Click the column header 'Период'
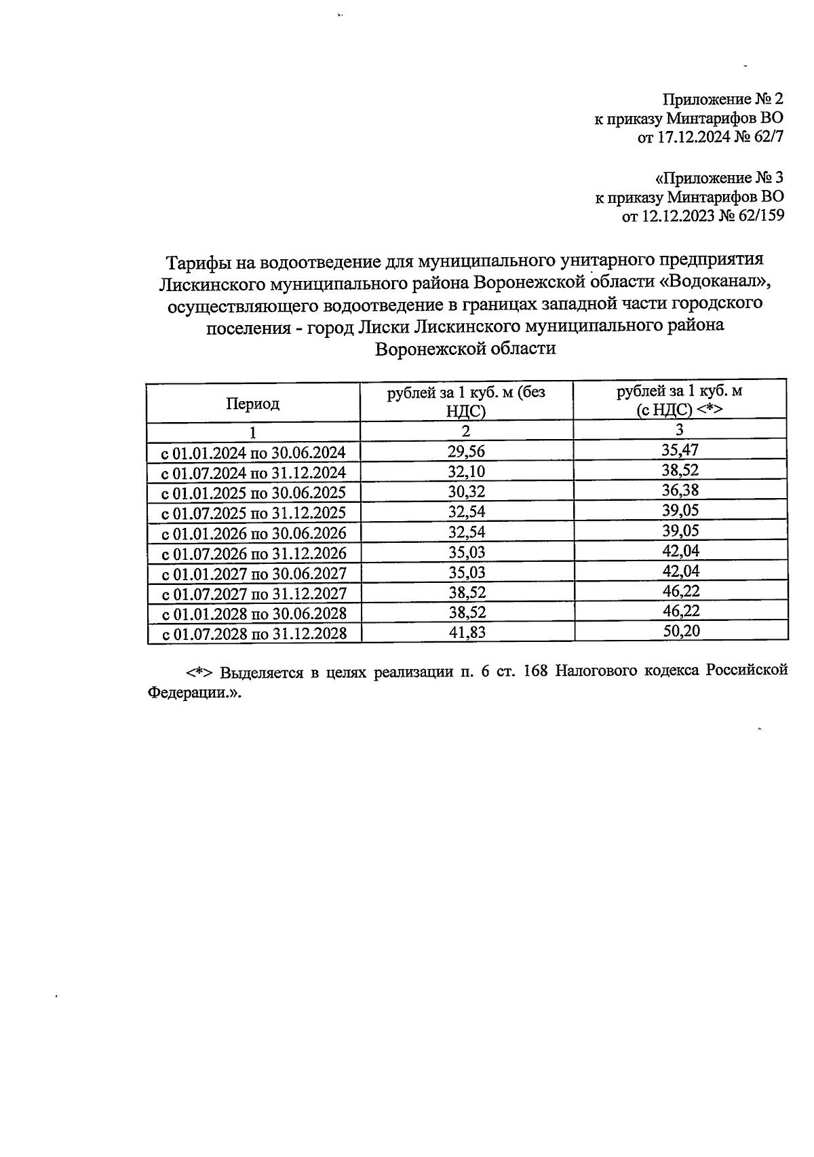252,404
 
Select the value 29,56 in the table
466,451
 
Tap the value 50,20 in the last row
680,631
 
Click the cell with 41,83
466,632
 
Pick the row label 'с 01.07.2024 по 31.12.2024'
253,472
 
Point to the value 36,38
680,490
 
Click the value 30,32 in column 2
466,491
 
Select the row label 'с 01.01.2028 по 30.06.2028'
253,613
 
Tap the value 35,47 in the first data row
680,449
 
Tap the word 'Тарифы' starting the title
195,261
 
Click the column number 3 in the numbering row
680,430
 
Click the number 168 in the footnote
536,671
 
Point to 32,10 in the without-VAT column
466,471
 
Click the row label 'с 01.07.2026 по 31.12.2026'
253,553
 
